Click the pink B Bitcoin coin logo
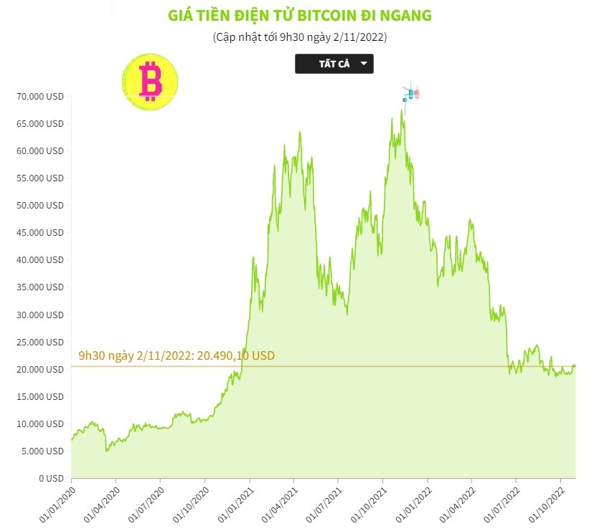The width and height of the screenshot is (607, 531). tap(150, 80)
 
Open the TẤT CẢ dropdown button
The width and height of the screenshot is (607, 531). tap(334, 64)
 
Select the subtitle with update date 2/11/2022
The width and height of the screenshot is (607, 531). tap(300, 37)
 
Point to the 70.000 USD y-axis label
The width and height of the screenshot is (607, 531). tap(40, 96)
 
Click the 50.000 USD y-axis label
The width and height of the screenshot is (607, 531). tap(40, 205)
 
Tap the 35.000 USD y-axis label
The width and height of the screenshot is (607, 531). tap(40, 287)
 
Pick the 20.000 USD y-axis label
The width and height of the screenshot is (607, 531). tap(40, 369)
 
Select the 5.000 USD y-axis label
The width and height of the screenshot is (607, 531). tap(42, 451)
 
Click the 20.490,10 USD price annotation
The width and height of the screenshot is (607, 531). tap(177, 355)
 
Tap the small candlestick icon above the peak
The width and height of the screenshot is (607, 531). tap(411, 93)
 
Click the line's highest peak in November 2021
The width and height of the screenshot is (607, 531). tap(403, 110)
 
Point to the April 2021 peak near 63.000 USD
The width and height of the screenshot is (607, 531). tap(299, 132)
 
